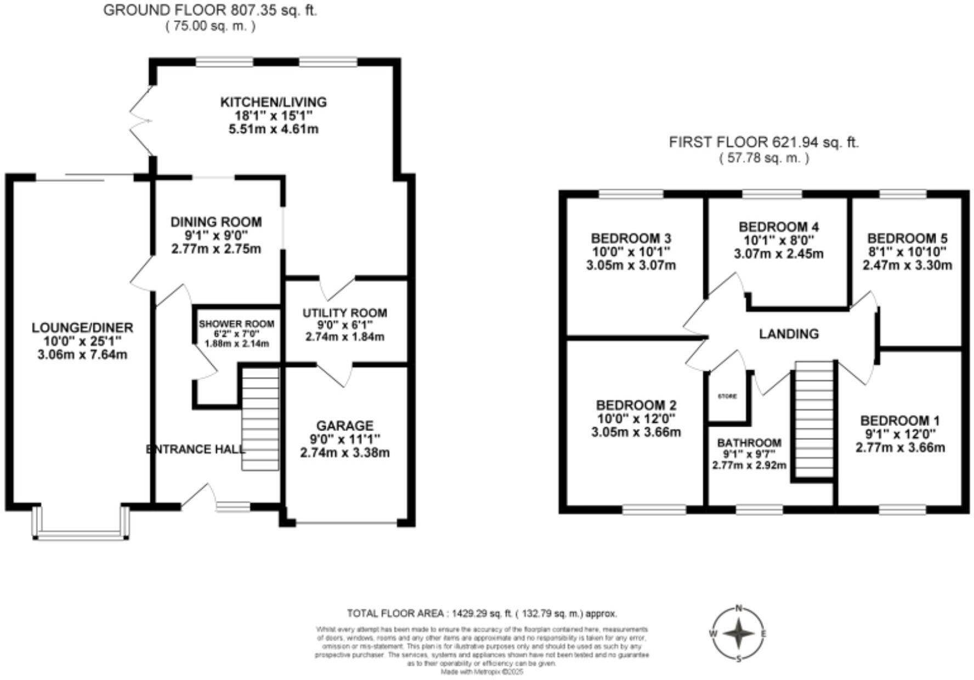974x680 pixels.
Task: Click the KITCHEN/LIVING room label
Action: [x=273, y=102]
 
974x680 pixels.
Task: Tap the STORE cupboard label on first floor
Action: [x=728, y=396]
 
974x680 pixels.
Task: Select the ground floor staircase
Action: [x=261, y=419]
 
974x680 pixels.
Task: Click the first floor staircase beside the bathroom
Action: [x=814, y=420]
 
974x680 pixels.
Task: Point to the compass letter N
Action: [x=739, y=608]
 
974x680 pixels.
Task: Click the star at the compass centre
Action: [x=739, y=634]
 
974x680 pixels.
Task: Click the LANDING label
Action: [x=789, y=333]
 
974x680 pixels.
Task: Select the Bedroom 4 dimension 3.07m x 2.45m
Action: [x=778, y=254]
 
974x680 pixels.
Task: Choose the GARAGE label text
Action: [x=345, y=426]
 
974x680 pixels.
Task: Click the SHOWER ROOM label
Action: [x=236, y=324]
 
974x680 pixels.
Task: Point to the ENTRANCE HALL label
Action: [x=196, y=450]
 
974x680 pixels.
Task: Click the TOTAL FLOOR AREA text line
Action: [x=482, y=613]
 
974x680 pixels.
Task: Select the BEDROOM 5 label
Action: [x=907, y=239]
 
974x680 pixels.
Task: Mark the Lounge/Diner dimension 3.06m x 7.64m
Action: [x=82, y=355]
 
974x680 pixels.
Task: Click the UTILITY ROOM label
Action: [x=345, y=313]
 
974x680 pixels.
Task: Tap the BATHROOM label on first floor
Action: [x=749, y=443]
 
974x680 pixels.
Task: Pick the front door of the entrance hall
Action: [x=196, y=495]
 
